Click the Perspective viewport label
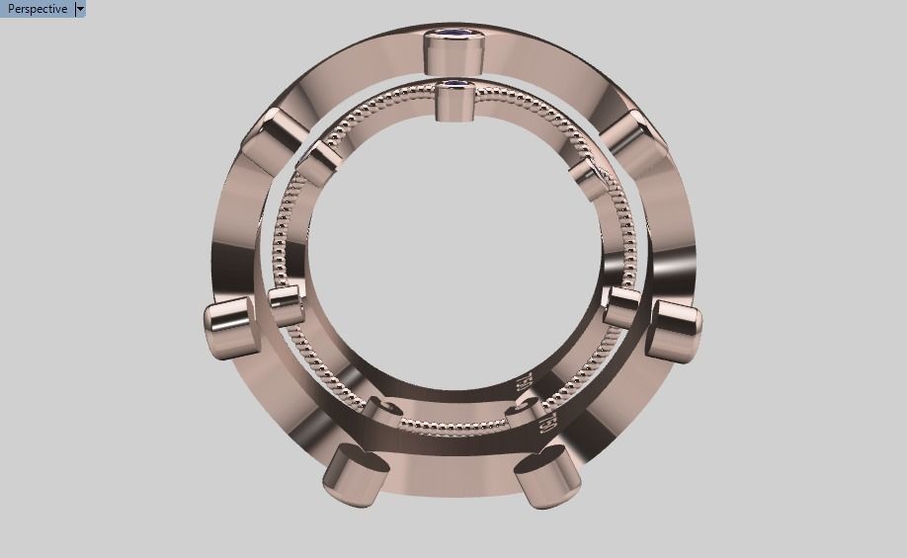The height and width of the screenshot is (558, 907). click(38, 9)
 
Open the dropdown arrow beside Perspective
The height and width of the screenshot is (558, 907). click(80, 9)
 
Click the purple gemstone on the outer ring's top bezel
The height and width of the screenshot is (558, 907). click(453, 39)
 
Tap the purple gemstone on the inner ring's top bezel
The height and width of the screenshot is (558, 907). click(455, 86)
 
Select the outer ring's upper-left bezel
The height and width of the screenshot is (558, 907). click(268, 137)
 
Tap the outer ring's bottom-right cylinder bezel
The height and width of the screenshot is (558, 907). click(546, 475)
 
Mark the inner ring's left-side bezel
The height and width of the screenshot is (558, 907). click(285, 305)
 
